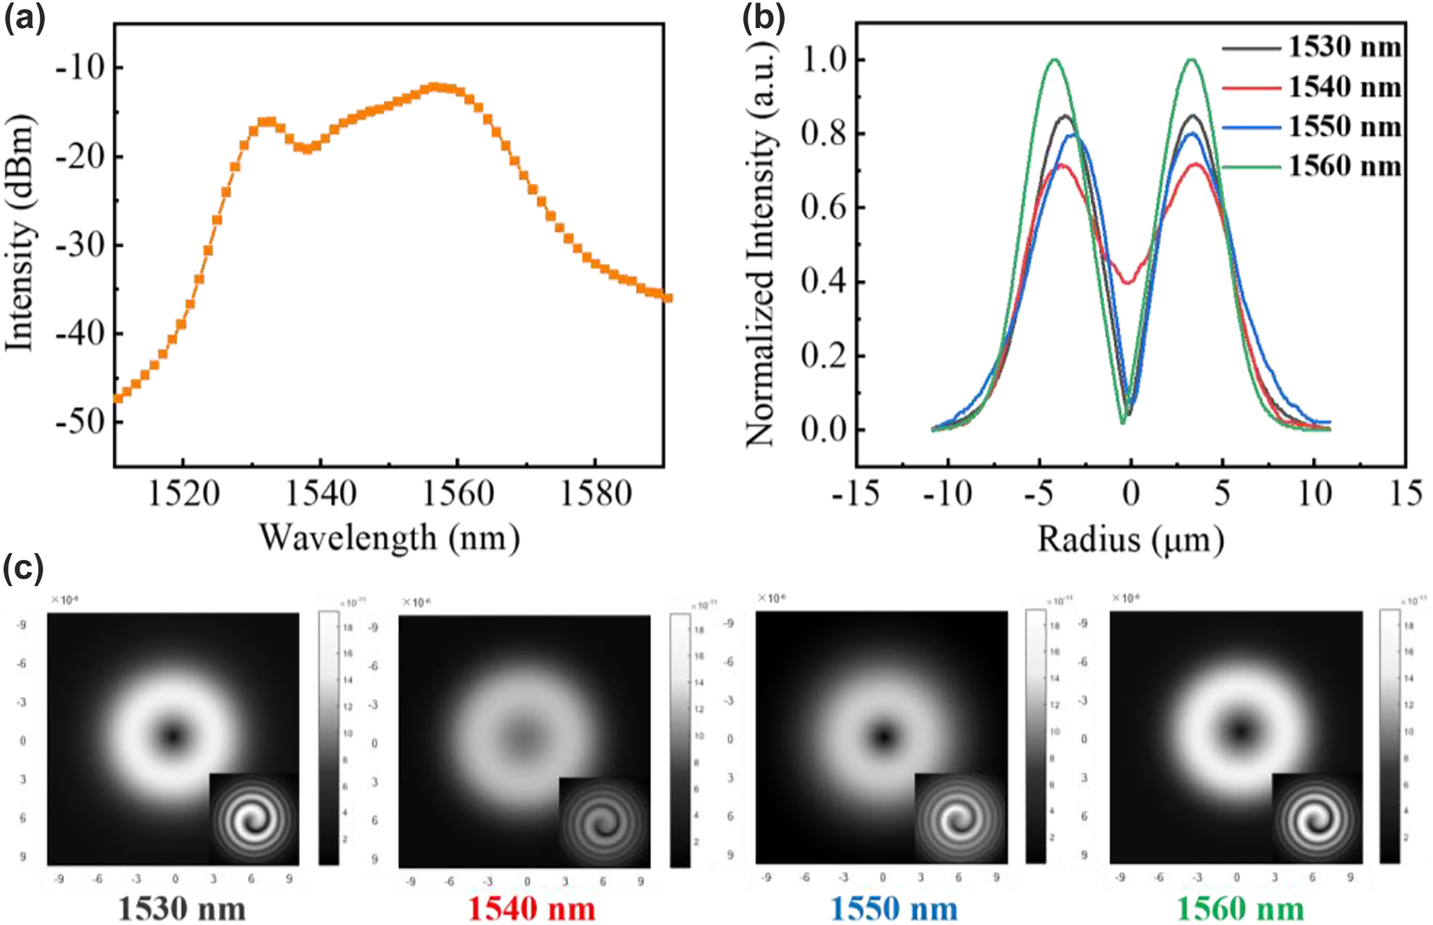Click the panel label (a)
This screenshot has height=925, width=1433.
coord(24,18)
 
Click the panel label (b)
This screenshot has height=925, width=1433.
coord(762,18)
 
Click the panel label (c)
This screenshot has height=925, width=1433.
coord(23,568)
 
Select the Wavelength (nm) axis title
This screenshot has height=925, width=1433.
coord(389,537)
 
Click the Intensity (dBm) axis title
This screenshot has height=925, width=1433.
coord(20,233)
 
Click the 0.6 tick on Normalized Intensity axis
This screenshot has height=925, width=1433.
coord(823,208)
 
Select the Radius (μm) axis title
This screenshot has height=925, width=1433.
coord(1130,539)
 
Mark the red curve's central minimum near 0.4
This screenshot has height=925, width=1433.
coord(1128,282)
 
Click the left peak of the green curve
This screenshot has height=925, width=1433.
coord(1055,59)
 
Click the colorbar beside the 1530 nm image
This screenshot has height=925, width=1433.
coord(329,738)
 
